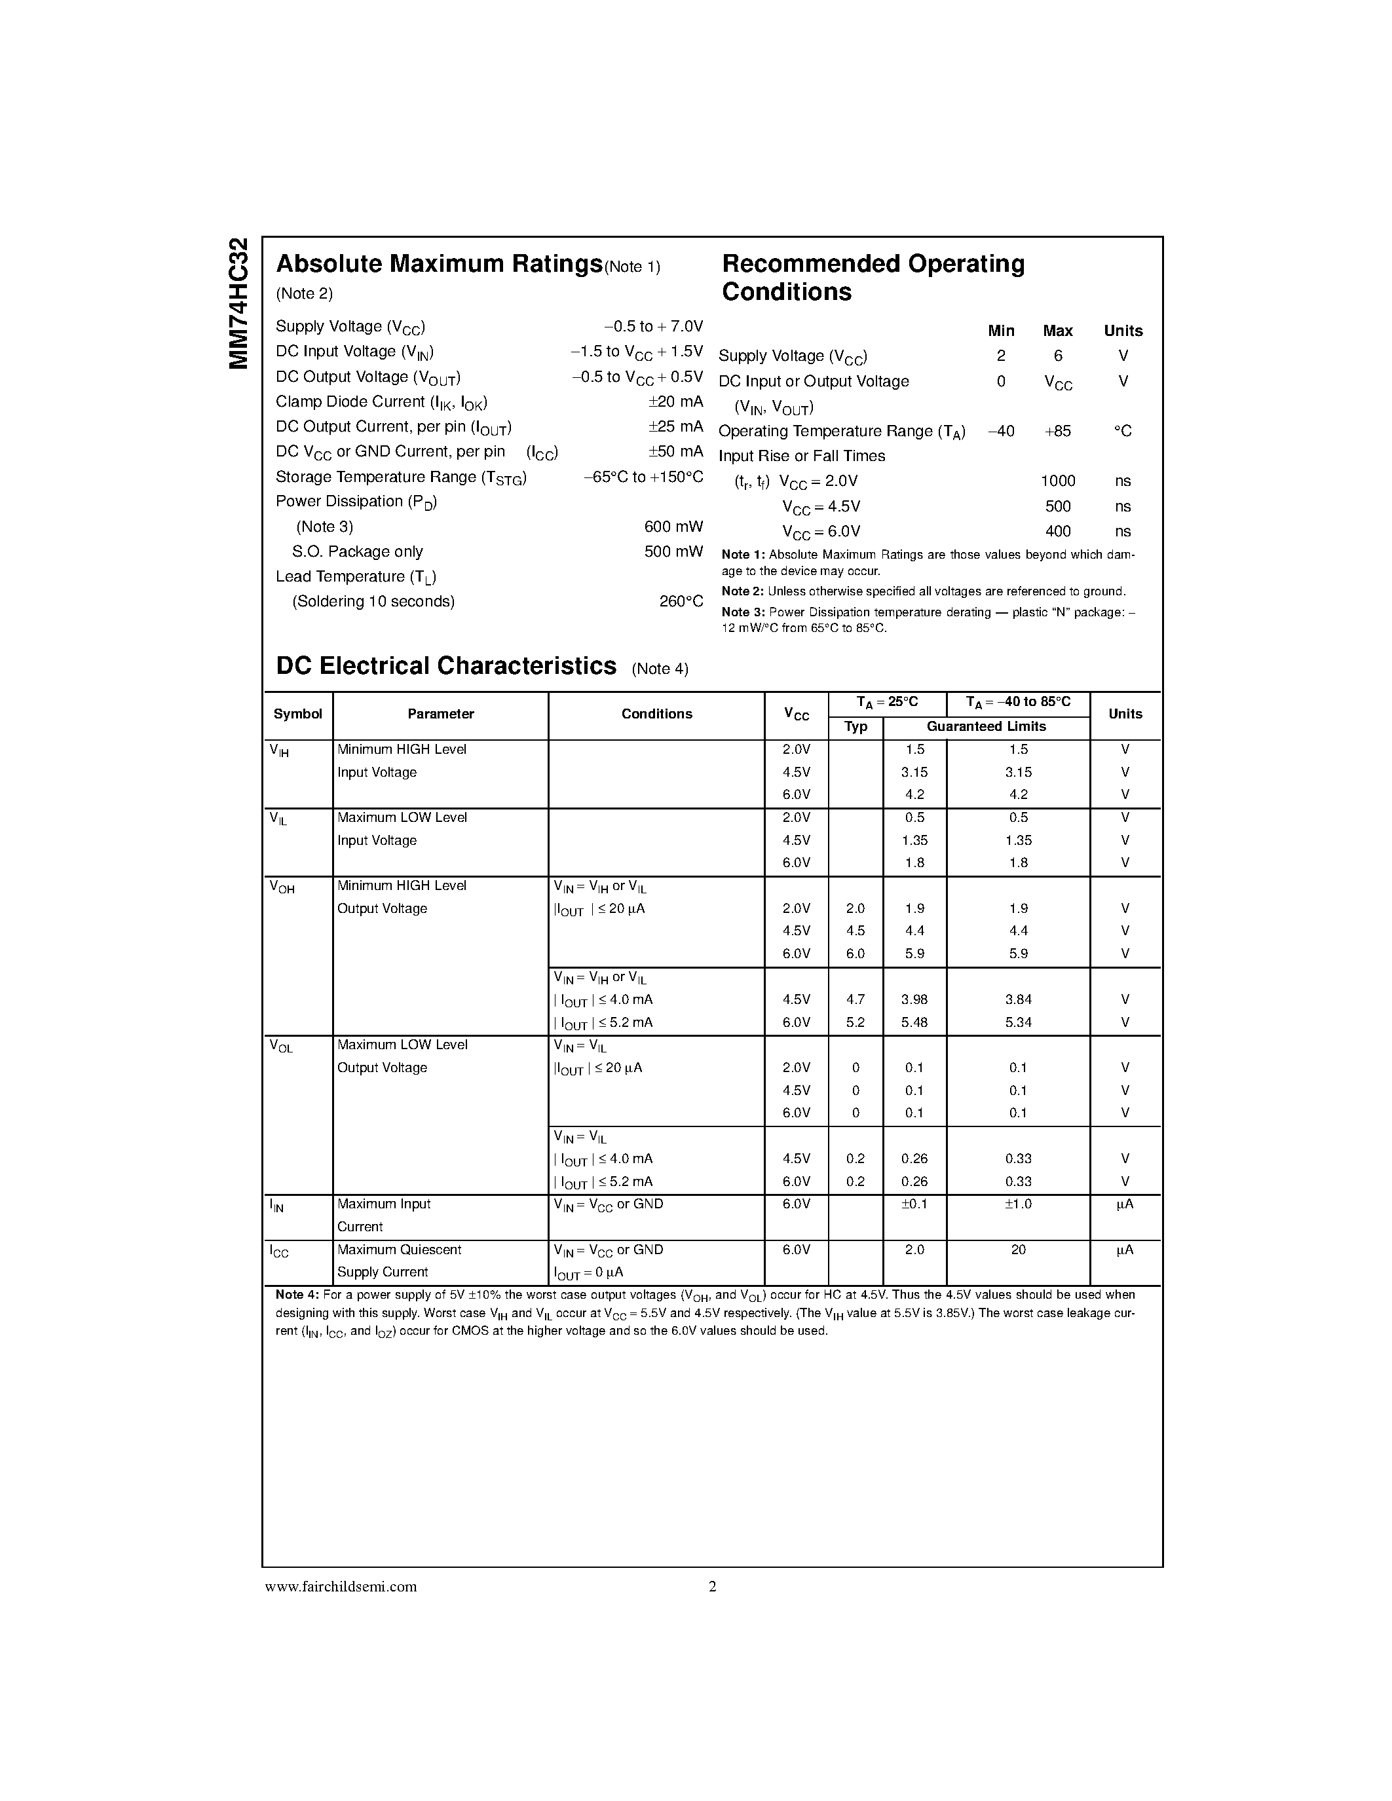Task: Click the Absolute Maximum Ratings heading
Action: (439, 264)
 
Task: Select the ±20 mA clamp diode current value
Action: (675, 401)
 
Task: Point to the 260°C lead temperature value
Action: (681, 602)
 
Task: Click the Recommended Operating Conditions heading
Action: (873, 278)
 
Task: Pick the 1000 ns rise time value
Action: (1057, 481)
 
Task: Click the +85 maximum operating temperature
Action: (1057, 432)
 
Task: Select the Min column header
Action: (1000, 331)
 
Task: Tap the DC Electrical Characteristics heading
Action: (446, 666)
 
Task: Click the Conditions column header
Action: (656, 714)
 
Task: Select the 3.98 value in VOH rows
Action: (914, 999)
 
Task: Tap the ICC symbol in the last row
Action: (280, 1252)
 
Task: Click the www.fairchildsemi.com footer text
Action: (341, 1587)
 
